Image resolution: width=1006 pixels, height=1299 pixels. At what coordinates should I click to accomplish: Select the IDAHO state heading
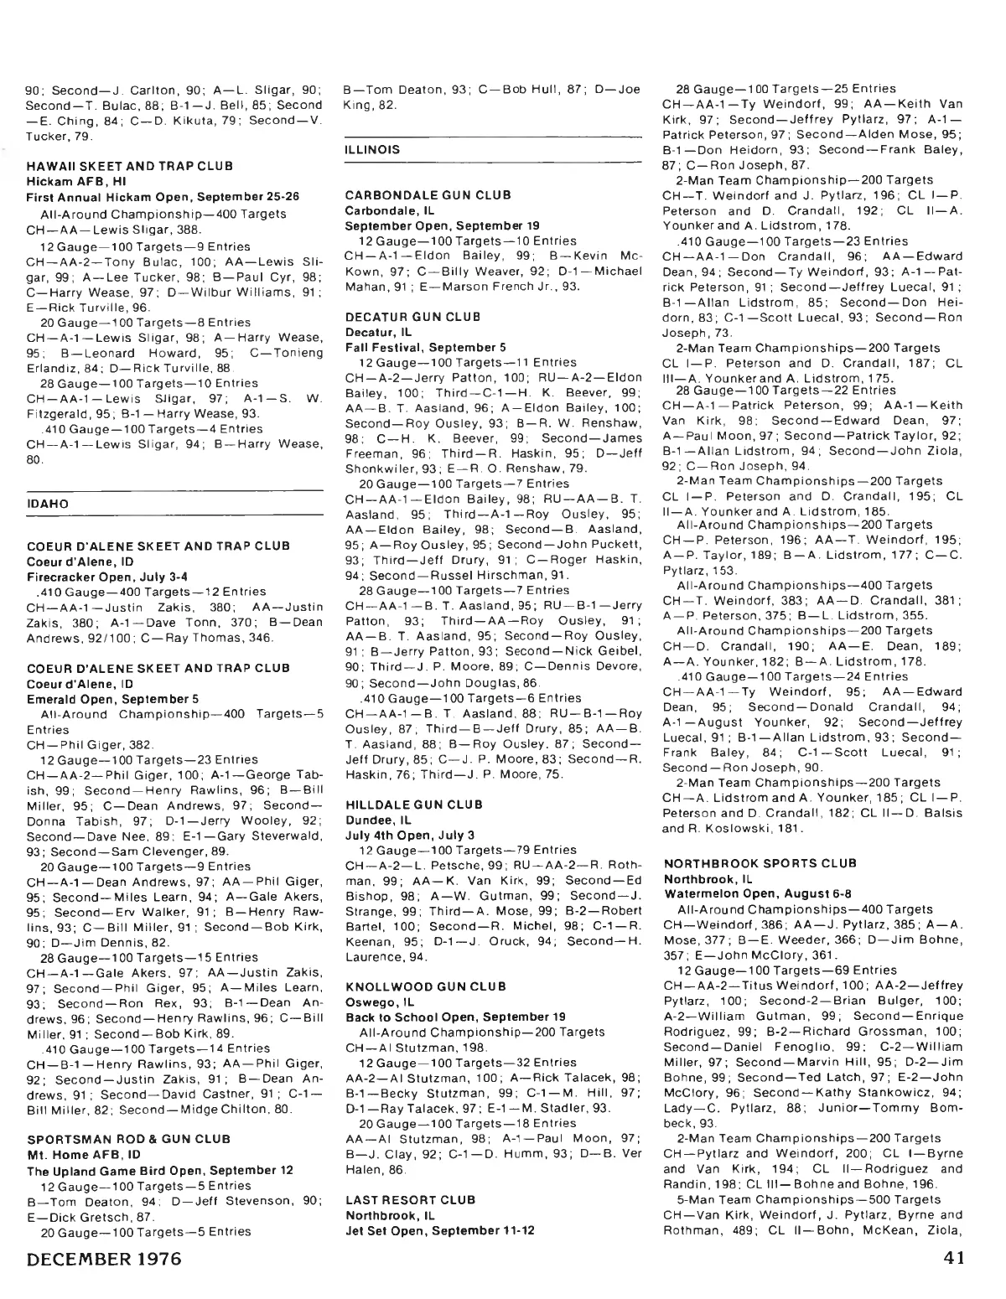click(48, 504)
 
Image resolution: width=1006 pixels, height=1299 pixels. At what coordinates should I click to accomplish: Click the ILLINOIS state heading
click(372, 149)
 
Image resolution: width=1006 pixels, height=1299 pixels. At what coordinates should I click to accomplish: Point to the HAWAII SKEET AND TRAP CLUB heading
click(130, 166)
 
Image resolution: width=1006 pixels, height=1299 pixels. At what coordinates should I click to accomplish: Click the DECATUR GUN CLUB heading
click(401, 317)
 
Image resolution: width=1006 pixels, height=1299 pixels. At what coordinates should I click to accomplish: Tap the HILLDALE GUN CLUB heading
click(402, 805)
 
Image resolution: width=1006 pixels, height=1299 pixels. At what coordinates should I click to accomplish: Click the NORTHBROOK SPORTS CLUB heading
click(760, 863)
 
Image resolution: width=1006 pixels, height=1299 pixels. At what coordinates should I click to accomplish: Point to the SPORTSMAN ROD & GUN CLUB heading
click(128, 1139)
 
